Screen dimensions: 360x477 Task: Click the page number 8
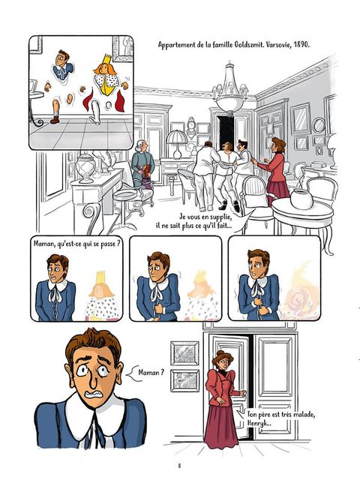point(179,466)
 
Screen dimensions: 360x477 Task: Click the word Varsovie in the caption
point(279,45)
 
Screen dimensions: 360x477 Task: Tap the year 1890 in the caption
point(301,45)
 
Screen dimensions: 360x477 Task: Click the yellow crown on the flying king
point(106,60)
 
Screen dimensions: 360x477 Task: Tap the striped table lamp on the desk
point(177,143)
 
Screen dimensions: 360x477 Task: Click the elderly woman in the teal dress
point(142,163)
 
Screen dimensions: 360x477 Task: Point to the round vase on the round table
point(301,199)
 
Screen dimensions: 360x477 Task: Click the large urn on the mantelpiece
point(85,168)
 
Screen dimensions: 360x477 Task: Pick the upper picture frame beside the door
point(184,353)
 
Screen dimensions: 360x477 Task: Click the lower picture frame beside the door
point(184,380)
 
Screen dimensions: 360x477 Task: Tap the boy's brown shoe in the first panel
point(55,120)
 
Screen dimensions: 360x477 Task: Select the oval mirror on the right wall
point(319,125)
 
